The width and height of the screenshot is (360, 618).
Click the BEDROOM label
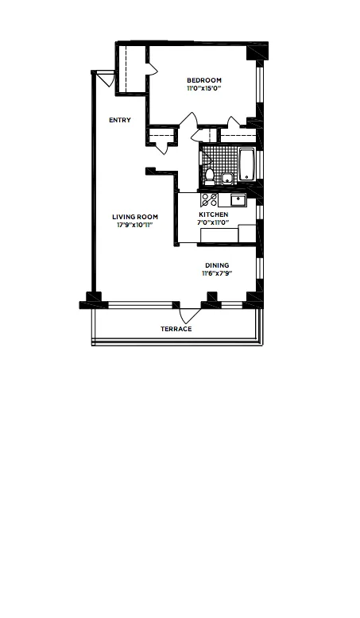click(204, 80)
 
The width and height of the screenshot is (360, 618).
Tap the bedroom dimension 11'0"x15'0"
click(204, 89)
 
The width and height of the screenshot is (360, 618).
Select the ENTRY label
click(120, 120)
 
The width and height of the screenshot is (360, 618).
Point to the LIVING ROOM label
click(134, 217)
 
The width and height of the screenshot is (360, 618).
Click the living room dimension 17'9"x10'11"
click(134, 226)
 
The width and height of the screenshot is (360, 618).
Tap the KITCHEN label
click(213, 215)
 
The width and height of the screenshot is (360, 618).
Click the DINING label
click(217, 265)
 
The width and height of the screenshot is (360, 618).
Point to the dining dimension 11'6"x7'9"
click(217, 274)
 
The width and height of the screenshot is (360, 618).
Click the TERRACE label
click(176, 329)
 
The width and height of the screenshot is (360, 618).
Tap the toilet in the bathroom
click(210, 175)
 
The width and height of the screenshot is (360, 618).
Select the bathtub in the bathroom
click(246, 164)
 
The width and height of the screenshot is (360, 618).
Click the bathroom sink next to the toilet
click(227, 178)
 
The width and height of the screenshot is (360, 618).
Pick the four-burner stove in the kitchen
click(210, 199)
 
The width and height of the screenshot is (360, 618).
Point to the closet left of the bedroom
click(132, 69)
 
